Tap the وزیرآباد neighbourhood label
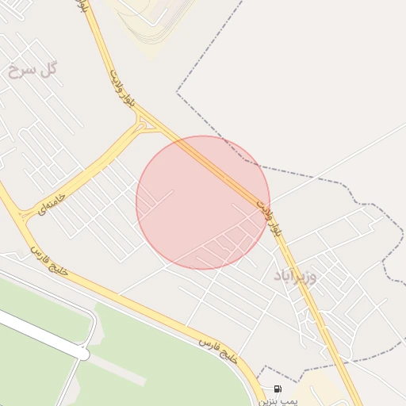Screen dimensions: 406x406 (295, 276)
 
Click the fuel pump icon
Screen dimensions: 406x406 (277, 389)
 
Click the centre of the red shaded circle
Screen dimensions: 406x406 (203, 202)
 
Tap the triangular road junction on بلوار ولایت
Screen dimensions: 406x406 (143, 124)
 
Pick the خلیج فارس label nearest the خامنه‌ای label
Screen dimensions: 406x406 (50, 262)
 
